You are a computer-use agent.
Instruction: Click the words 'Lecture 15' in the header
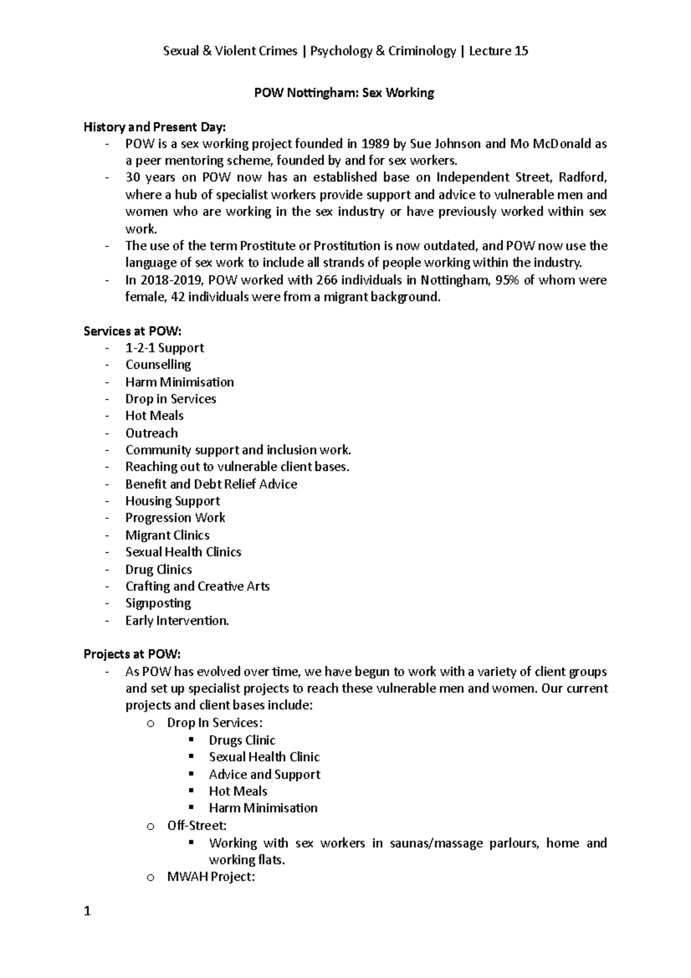click(x=498, y=51)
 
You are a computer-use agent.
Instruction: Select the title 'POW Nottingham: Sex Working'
click(x=344, y=93)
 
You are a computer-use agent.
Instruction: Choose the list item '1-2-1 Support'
click(x=165, y=348)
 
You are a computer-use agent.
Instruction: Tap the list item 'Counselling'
click(x=158, y=365)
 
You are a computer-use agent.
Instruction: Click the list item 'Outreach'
click(x=151, y=433)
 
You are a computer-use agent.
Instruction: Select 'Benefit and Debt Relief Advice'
click(x=211, y=484)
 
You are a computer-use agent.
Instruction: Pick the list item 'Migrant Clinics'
click(x=168, y=535)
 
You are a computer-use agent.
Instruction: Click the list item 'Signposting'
click(x=158, y=603)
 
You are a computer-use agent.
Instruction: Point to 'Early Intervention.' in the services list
click(x=177, y=620)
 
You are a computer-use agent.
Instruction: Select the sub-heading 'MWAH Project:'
click(x=211, y=877)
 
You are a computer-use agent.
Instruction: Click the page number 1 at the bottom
click(x=87, y=911)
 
